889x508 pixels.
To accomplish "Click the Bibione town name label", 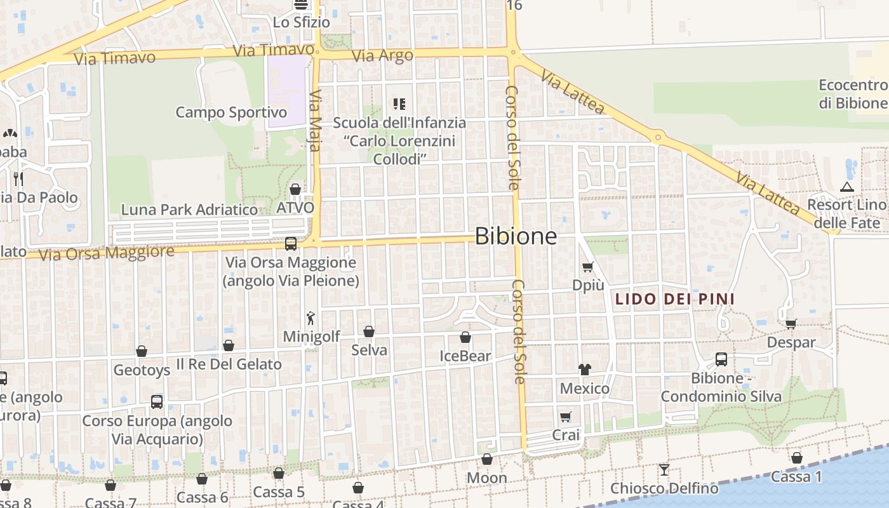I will coord(516,236).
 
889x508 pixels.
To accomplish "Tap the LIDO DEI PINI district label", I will coord(674,298).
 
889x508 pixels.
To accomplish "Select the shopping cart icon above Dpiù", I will coord(588,267).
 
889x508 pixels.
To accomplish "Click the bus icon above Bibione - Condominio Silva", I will coord(721,359).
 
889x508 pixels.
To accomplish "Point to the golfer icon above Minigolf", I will coord(311,318).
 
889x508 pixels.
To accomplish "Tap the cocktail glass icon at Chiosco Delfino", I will coord(664,470).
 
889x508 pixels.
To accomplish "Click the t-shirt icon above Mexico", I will coord(585,370).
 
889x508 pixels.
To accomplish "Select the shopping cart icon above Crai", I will coord(566,417).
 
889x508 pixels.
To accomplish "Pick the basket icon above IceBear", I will coord(465,337).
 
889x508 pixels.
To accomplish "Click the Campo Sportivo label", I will coord(231,112).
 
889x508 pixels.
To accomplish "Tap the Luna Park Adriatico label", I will coord(189,209).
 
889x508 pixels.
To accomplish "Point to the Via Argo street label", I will coord(382,55).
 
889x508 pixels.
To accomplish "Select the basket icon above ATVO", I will coord(295,189).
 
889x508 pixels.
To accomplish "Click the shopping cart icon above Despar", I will coord(791,324).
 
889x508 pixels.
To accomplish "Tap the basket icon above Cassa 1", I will coord(797,458).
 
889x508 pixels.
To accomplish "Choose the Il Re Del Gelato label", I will coord(229,364).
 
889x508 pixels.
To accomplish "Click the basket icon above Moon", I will coord(487,459).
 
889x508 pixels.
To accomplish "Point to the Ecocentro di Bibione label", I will coord(853,94).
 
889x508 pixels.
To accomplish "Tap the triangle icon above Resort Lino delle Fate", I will coord(846,187).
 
